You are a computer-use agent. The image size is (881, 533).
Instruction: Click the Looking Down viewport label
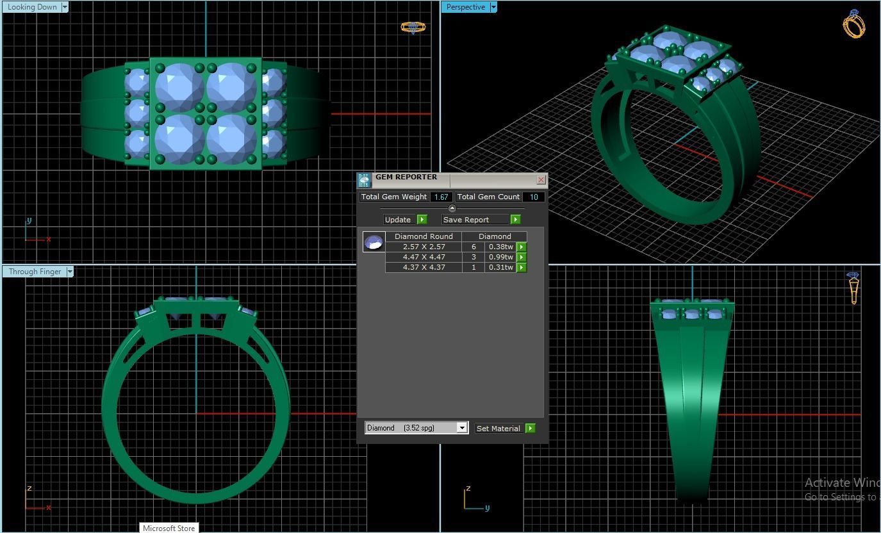tap(31, 7)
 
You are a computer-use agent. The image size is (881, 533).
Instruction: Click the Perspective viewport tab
tap(465, 7)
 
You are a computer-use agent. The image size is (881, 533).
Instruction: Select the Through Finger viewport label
tap(35, 272)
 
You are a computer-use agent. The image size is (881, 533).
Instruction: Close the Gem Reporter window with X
tap(541, 180)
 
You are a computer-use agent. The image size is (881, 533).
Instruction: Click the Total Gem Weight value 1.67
tap(441, 197)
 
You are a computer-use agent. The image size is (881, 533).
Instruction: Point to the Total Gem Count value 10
tap(533, 197)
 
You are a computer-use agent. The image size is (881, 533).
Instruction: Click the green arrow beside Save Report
tap(515, 220)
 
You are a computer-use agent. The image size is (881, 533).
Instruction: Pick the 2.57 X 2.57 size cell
tap(424, 247)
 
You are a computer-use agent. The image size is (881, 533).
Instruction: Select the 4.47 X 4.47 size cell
tap(424, 257)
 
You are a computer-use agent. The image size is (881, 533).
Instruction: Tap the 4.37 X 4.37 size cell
tap(424, 267)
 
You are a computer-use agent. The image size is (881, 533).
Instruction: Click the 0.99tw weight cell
tap(500, 257)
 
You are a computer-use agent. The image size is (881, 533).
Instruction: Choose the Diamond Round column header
tap(424, 236)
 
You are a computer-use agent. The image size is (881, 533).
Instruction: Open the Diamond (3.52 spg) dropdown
tap(461, 428)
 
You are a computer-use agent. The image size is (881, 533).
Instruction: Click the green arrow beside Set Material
tap(530, 429)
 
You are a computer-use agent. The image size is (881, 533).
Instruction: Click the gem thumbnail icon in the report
tap(374, 242)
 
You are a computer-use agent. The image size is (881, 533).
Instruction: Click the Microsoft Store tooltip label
tap(169, 528)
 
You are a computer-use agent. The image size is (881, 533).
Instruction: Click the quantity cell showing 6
tap(473, 247)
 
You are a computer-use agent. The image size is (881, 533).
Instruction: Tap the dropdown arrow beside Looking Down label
tap(65, 7)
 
